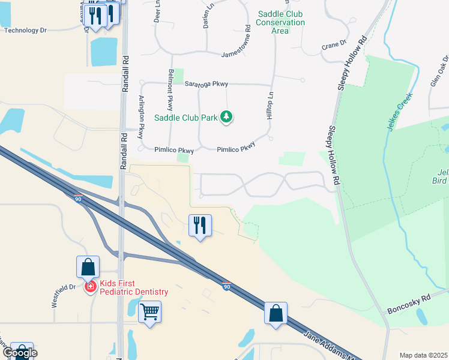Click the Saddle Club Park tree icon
(226, 116)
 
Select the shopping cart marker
(149, 312)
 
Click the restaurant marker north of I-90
(200, 226)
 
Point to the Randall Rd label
(125, 74)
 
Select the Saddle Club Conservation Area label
(280, 22)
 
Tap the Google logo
(19, 353)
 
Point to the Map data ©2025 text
(424, 355)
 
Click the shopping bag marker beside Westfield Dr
(88, 267)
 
